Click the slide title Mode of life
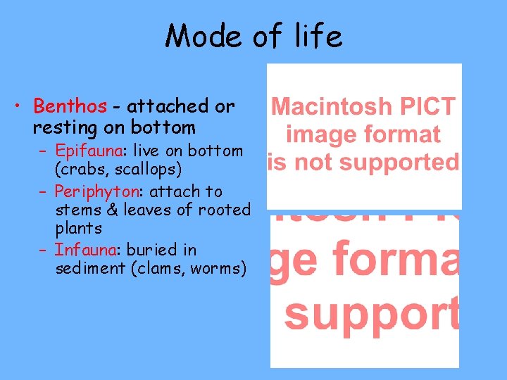point(254,36)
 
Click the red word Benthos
point(70,106)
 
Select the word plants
point(78,229)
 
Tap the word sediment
point(88,268)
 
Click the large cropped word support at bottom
point(371,315)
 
